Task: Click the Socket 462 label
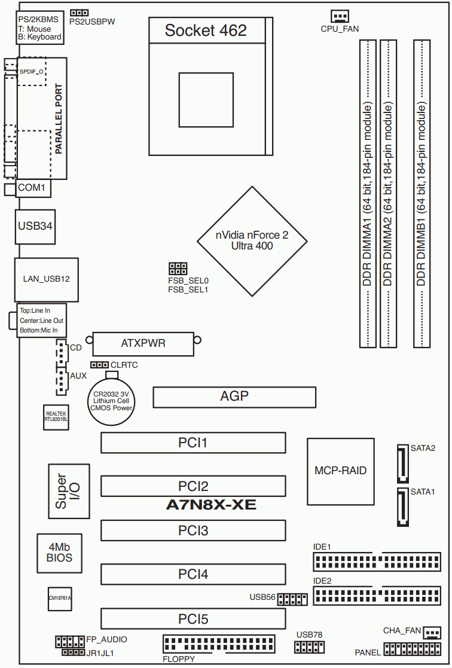pyautogui.click(x=206, y=30)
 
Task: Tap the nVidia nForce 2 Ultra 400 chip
pyautogui.click(x=252, y=240)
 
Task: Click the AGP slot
pyautogui.click(x=234, y=396)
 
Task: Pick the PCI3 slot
pyautogui.click(x=193, y=530)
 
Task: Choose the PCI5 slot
pyautogui.click(x=193, y=619)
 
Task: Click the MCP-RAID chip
pyautogui.click(x=340, y=471)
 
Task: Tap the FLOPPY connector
pyautogui.click(x=218, y=644)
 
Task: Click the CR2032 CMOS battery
pyautogui.click(x=111, y=401)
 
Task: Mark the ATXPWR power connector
pyautogui.click(x=143, y=343)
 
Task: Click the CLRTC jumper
pyautogui.click(x=99, y=364)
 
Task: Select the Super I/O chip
pyautogui.click(x=61, y=491)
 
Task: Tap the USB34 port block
pyautogui.click(x=35, y=227)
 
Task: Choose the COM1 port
pyautogui.click(x=33, y=188)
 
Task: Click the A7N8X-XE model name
pyautogui.click(x=211, y=506)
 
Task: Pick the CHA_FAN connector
pyautogui.click(x=432, y=633)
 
